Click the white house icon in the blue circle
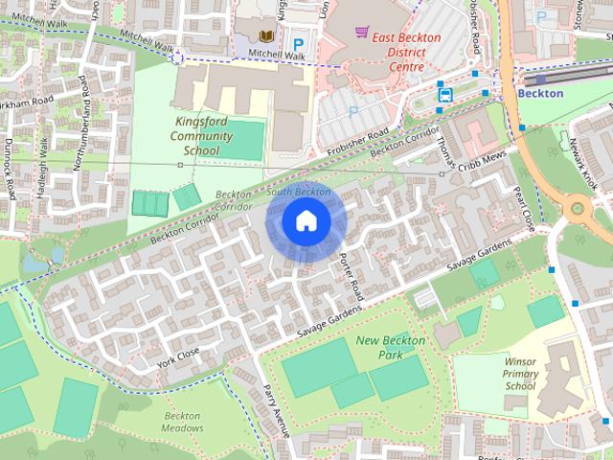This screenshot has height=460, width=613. coord(305,221)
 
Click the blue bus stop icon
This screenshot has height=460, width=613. coord(445,94)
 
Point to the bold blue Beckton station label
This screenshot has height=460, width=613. coord(540,95)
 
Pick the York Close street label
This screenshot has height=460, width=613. coord(179,357)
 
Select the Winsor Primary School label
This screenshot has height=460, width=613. coord(520,373)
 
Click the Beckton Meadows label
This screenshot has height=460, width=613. coord(182,422)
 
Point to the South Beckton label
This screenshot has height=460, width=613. coord(300,192)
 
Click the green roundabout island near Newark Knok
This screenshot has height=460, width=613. coord(579,208)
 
